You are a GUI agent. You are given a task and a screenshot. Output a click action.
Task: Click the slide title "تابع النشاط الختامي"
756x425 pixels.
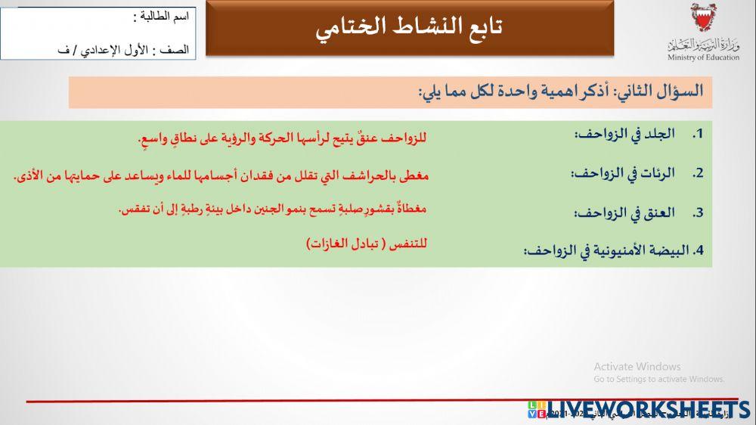(x=410, y=27)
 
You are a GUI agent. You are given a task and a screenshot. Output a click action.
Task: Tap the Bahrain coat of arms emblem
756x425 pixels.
(x=702, y=18)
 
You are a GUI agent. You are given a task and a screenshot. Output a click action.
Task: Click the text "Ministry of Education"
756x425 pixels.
(x=703, y=57)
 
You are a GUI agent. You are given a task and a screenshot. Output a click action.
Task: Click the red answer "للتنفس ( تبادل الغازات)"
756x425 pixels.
(x=367, y=244)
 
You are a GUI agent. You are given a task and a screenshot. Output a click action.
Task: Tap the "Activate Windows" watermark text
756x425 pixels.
(x=637, y=367)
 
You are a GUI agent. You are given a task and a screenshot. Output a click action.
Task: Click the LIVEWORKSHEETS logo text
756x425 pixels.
(x=650, y=409)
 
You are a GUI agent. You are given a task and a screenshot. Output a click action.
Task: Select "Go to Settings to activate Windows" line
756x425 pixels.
(x=659, y=379)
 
